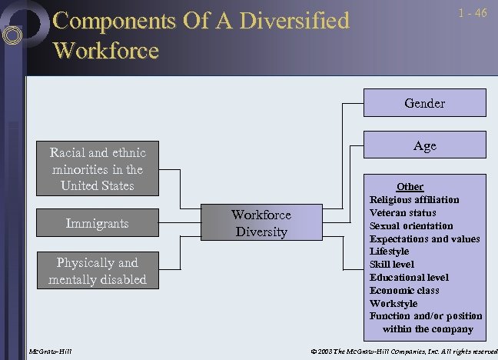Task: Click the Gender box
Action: (424, 103)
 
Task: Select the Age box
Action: (424, 145)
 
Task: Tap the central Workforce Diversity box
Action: (261, 223)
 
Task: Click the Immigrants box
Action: (97, 224)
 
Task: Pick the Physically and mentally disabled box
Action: (97, 271)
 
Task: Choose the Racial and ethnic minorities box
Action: (97, 168)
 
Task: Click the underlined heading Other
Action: (410, 187)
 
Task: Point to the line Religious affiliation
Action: (414, 200)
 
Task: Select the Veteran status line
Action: (403, 213)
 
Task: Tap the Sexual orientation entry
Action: (411, 226)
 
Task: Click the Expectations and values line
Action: (424, 239)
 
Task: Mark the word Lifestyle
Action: (389, 252)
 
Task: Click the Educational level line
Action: (409, 278)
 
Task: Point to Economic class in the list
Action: (404, 291)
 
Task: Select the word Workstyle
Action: (393, 304)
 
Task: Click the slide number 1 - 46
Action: (472, 14)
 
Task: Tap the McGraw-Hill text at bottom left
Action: (51, 352)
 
